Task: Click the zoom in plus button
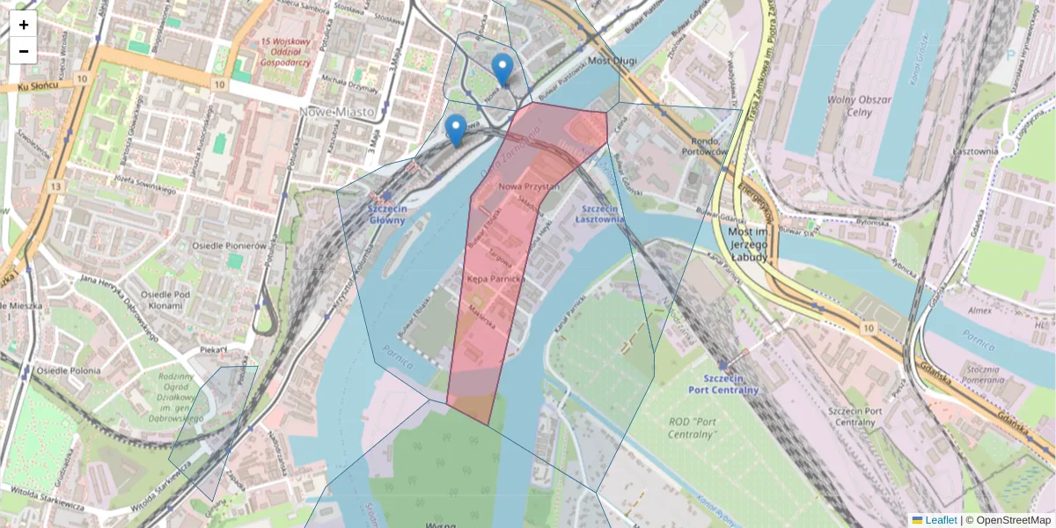point(24,25)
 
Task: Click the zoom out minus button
point(24,51)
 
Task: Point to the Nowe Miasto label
point(337,113)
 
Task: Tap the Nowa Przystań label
point(529,187)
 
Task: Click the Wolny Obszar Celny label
point(859,106)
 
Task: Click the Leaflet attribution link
point(941,520)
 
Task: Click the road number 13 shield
point(55,186)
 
